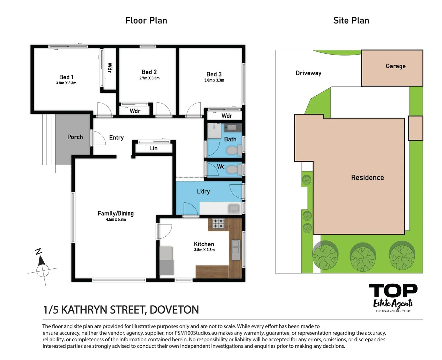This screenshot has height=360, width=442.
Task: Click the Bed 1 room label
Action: click(66, 77)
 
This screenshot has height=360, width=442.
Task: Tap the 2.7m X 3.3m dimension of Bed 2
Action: click(149, 78)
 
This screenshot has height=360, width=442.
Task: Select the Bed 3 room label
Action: click(214, 74)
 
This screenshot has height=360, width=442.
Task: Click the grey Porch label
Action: click(75, 137)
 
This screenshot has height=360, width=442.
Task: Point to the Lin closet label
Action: click(153, 148)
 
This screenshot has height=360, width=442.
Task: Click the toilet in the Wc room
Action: click(234, 170)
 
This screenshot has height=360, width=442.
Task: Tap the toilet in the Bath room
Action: click(234, 151)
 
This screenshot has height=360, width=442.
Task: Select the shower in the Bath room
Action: click(214, 131)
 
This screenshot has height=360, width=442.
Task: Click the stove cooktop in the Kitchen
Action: click(218, 223)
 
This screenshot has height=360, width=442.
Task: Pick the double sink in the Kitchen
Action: click(236, 246)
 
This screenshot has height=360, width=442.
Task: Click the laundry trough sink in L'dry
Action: click(234, 209)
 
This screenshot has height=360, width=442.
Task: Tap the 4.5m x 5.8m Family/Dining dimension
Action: click(116, 220)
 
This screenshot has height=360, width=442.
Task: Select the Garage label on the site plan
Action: click(396, 66)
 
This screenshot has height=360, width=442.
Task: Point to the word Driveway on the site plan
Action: click(308, 73)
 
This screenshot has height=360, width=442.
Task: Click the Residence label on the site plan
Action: click(367, 178)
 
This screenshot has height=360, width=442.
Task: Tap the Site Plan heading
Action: click(351, 20)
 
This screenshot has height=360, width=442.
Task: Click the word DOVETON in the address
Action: click(174, 310)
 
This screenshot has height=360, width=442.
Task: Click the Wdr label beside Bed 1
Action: click(110, 68)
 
